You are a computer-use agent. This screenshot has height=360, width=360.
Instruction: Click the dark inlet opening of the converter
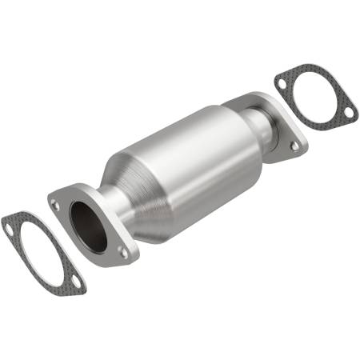coord(88,222)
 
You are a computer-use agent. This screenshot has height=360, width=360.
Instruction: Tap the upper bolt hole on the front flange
coord(55,205)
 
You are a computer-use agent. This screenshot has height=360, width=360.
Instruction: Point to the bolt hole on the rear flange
coord(294,146)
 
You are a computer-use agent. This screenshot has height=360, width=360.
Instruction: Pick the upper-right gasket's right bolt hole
coord(349,114)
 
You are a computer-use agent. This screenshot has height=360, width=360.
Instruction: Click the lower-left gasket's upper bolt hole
coord(10,228)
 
